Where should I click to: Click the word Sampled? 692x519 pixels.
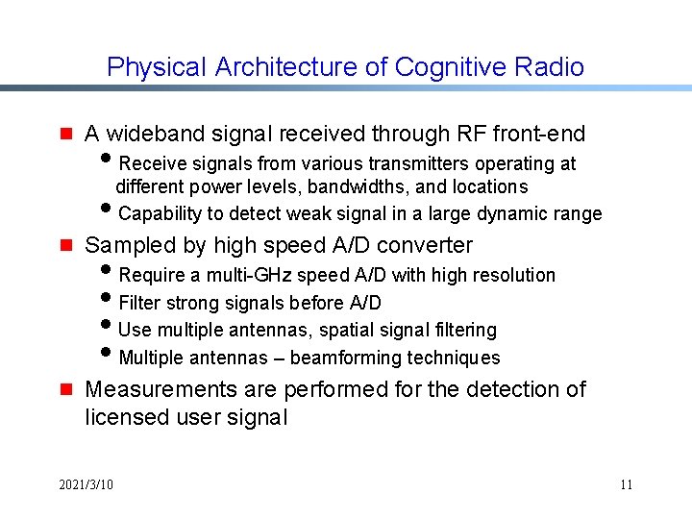[125, 245]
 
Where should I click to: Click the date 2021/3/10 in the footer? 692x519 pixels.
[86, 484]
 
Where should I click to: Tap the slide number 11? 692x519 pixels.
[626, 484]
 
